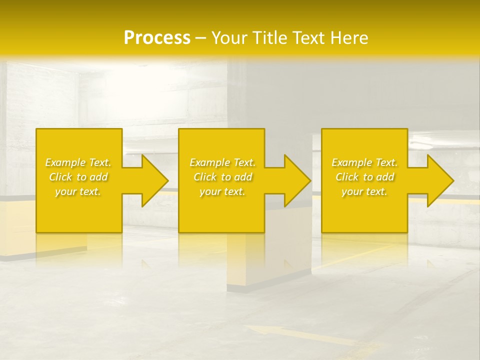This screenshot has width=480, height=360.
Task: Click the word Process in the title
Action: tap(157, 37)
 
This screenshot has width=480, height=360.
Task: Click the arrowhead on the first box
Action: tap(150, 180)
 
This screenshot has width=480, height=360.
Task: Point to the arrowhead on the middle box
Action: tap(292, 180)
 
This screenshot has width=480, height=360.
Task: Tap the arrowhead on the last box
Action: tap(435, 180)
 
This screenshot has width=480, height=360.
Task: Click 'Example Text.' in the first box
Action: tap(78, 162)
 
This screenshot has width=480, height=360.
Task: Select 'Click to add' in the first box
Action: tap(78, 177)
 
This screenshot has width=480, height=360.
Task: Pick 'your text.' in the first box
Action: tap(78, 191)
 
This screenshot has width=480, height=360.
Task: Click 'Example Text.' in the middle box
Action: tap(222, 162)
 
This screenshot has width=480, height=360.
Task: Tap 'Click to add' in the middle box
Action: tap(222, 177)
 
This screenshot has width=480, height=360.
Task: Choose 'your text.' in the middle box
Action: tap(222, 191)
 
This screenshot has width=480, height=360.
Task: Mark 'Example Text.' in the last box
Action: tap(364, 162)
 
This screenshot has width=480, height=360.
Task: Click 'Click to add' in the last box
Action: tap(364, 177)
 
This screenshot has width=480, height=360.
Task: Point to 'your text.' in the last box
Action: tap(364, 191)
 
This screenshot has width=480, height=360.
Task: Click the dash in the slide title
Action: tap(200, 38)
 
